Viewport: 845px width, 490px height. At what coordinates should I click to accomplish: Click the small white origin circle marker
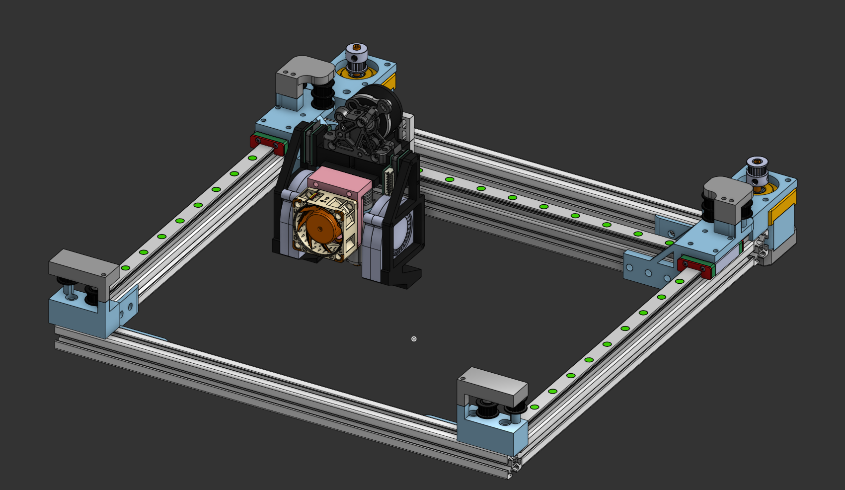coord(414,339)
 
